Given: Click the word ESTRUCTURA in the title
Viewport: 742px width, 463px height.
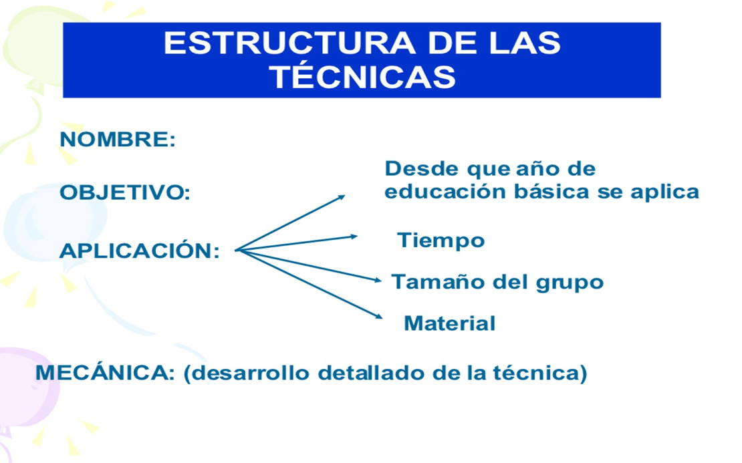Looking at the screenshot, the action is pos(290,43).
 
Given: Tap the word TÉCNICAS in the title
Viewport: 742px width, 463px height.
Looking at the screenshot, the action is pos(363,77).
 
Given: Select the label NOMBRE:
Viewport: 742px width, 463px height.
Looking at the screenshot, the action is pos(118,140).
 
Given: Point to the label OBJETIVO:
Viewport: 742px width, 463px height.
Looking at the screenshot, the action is pos(125,192).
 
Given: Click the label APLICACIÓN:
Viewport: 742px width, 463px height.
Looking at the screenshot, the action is pos(140,250).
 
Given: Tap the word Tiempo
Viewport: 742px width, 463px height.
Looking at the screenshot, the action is pos(441,241).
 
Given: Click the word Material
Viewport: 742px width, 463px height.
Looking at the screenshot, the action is pos(450,323).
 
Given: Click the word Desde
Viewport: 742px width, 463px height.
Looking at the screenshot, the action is pos(422,168).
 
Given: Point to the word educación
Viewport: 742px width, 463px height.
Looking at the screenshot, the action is pos(445,192).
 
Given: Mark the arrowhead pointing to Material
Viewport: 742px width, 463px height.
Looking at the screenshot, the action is pos(378,315).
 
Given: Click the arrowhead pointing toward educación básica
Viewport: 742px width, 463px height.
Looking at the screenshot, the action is pos(341,197).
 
